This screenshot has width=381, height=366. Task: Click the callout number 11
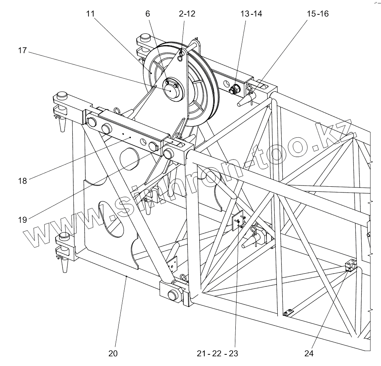pyautogui.click(x=90, y=14)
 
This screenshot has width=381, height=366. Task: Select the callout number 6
pyautogui.click(x=147, y=14)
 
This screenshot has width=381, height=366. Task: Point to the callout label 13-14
pyautogui.click(x=251, y=14)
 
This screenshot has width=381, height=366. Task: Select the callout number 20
pyautogui.click(x=113, y=353)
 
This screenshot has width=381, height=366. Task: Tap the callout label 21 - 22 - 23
pyautogui.click(x=217, y=353)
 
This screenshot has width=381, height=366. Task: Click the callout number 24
pyautogui.click(x=309, y=353)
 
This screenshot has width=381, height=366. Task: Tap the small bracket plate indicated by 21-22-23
pyautogui.click(x=238, y=220)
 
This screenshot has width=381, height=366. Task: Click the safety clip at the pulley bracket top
pyautogui.click(x=181, y=57)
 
